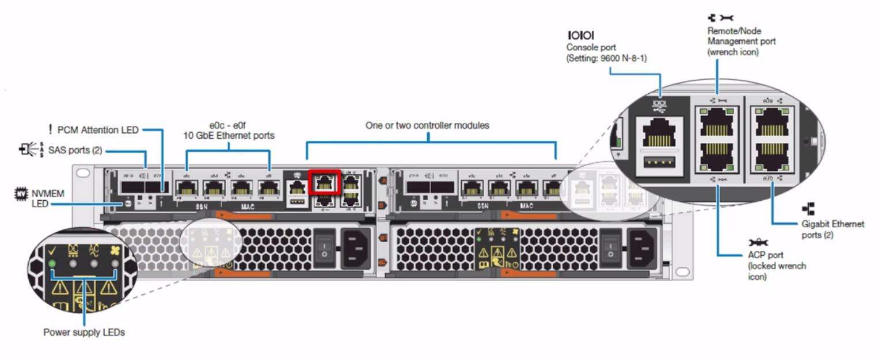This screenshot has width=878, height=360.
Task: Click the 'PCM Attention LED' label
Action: pyautogui.click(x=98, y=130)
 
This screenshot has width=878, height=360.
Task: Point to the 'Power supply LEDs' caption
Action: pyautogui.click(x=84, y=332)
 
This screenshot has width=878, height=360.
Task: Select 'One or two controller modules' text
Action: pyautogui.click(x=427, y=125)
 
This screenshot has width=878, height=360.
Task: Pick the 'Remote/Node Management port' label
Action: pyautogui.click(x=741, y=41)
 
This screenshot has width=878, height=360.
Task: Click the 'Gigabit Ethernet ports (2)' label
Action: pyautogui.click(x=833, y=229)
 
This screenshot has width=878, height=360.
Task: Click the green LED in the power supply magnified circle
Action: pyautogui.click(x=52, y=264)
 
